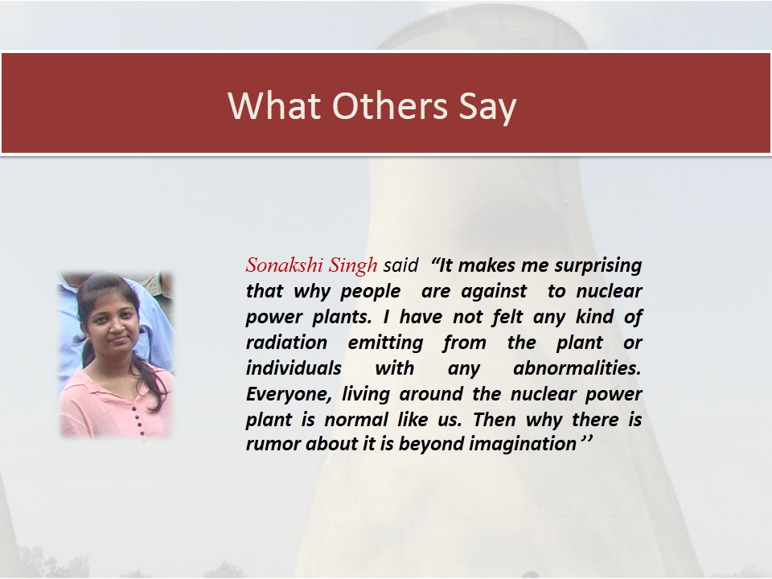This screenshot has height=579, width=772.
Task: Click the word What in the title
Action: [274, 105]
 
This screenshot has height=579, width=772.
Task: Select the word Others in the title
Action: [390, 105]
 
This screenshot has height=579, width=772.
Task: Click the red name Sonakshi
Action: [285, 265]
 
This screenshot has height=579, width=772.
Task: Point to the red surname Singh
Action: [353, 266]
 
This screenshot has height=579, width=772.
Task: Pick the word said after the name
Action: [400, 265]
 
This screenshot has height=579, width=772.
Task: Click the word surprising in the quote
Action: [598, 266]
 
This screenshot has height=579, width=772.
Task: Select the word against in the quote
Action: [494, 291]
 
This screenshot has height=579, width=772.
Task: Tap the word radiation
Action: [286, 343]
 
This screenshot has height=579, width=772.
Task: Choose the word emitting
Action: [385, 343]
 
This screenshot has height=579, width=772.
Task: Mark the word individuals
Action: [294, 368]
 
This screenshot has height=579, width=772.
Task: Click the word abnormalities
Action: [577, 368]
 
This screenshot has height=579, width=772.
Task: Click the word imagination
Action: [523, 445]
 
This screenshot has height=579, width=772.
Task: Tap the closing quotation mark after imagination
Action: [586, 439]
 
